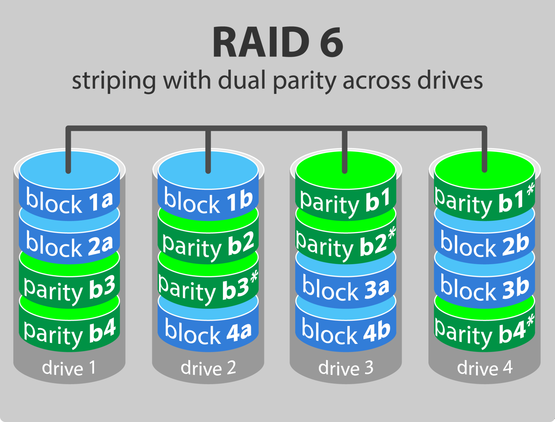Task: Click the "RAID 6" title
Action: (277, 42)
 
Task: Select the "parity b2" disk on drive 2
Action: (208, 245)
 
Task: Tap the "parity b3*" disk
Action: (208, 289)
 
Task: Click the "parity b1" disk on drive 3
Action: (346, 202)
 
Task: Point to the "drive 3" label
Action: (346, 368)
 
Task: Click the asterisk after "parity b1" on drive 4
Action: (530, 189)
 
